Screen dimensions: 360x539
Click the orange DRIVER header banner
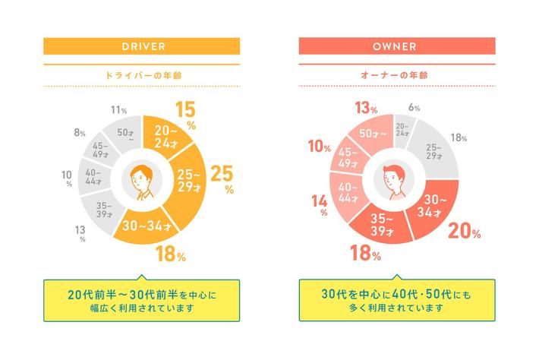[x=142, y=46]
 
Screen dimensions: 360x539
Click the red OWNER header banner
[x=396, y=46]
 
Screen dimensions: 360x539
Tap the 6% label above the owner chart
[x=414, y=108]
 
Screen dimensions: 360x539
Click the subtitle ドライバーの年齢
[x=142, y=75]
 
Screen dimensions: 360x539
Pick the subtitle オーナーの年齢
[x=396, y=75]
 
